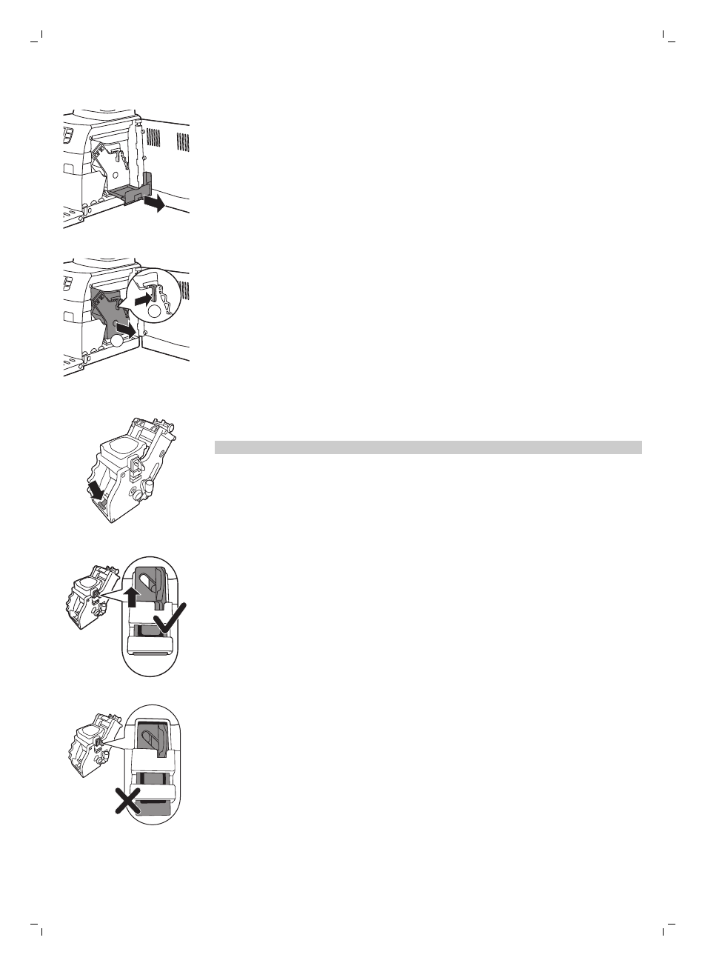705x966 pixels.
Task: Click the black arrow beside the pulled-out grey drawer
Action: pos(155,204)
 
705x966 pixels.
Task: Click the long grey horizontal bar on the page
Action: pos(427,447)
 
